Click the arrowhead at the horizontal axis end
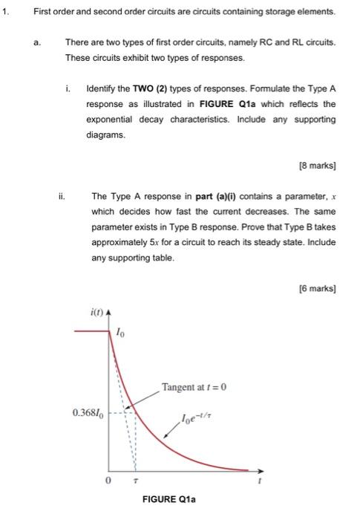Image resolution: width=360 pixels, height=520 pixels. [261, 470]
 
